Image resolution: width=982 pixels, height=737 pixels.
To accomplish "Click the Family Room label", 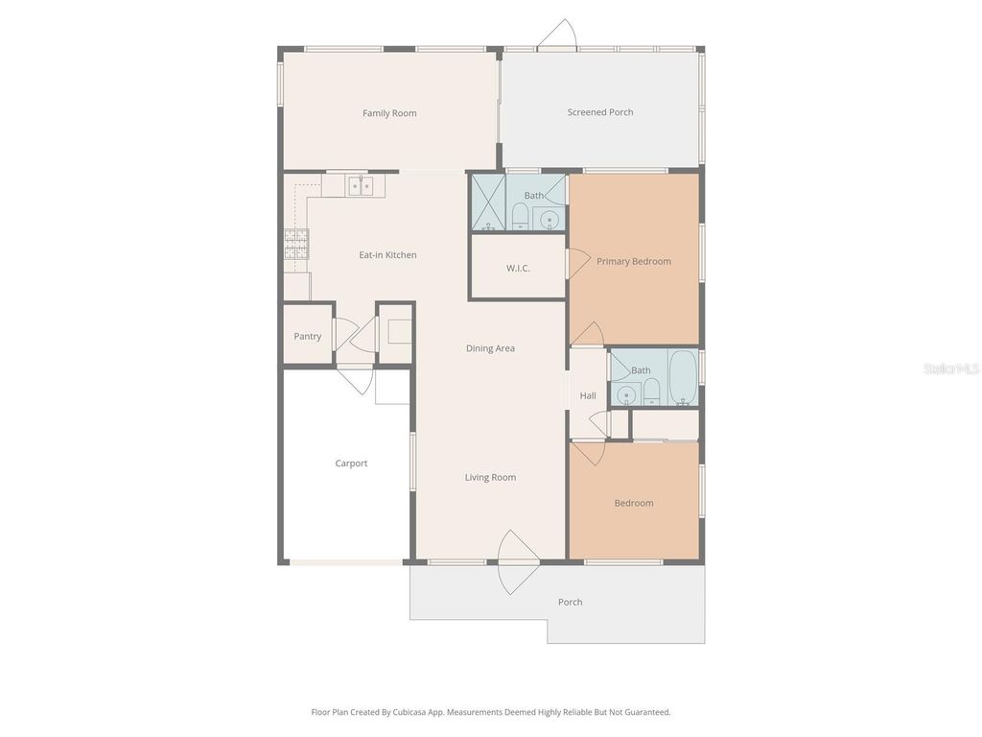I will click(389, 113).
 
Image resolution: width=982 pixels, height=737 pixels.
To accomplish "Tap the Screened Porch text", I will click(600, 112).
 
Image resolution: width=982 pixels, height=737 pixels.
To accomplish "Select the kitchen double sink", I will click(361, 185).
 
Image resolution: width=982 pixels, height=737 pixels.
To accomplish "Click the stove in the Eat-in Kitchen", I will click(296, 245).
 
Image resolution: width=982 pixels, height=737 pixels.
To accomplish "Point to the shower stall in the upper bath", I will click(487, 203).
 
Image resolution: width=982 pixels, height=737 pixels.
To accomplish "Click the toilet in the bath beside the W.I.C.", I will click(519, 217).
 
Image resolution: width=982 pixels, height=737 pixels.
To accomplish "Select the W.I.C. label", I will click(518, 268).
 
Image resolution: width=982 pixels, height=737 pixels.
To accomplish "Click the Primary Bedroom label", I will click(634, 261).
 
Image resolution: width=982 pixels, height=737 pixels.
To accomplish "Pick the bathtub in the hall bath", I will click(682, 378).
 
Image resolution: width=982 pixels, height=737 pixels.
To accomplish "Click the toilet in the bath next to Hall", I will click(651, 390).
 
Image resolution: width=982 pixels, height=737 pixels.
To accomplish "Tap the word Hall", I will click(588, 395).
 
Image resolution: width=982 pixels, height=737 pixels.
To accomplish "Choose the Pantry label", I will click(308, 336).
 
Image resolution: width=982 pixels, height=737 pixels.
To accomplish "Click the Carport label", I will click(351, 464).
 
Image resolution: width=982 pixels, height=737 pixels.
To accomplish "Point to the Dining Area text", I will click(490, 348).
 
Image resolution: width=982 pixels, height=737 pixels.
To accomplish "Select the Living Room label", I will click(490, 477).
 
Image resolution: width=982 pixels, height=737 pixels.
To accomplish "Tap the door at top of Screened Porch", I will click(556, 36).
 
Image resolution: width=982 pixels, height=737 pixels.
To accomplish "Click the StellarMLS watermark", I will click(950, 368).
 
